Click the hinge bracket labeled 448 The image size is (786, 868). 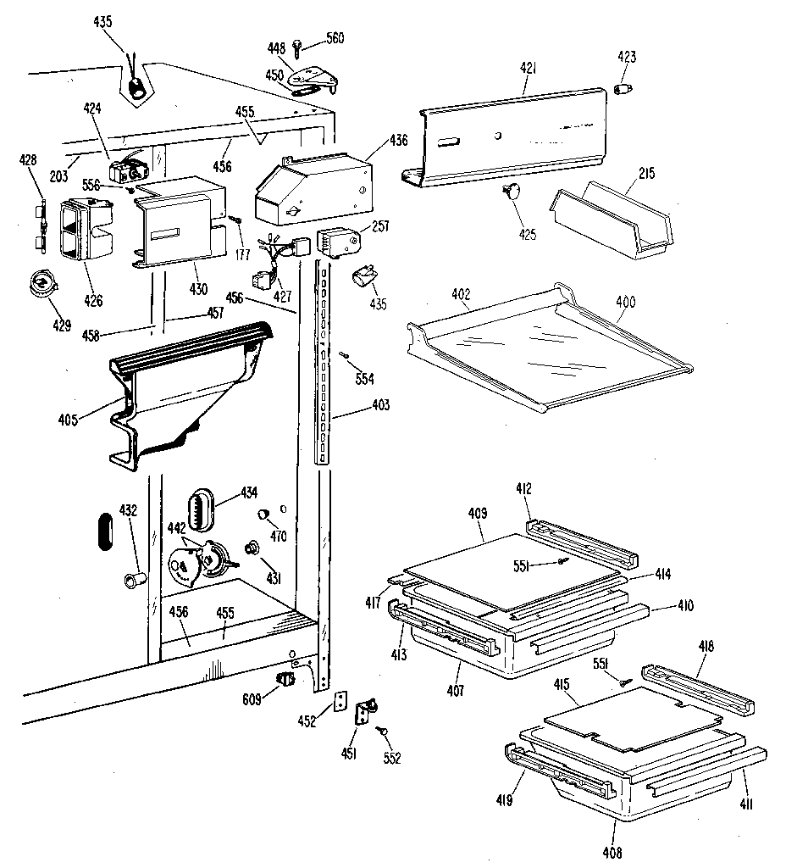point(313,78)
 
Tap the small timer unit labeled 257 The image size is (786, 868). point(337,242)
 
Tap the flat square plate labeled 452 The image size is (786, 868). point(341,702)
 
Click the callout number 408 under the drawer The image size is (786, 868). point(612,851)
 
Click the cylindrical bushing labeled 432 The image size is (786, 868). point(133,579)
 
